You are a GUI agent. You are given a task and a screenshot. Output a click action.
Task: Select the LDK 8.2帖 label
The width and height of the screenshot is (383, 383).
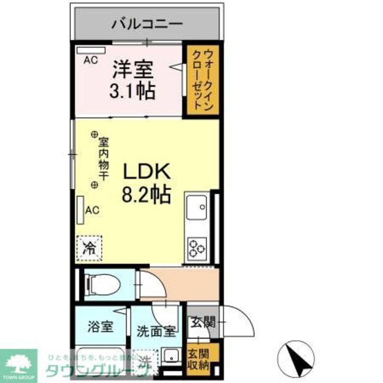(146, 184)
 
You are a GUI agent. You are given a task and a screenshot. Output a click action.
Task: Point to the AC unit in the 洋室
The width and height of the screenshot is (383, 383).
(91, 50)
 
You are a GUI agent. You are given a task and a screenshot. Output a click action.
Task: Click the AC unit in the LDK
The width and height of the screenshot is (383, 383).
(80, 210)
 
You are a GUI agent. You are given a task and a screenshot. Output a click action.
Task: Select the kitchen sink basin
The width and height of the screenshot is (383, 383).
(197, 206)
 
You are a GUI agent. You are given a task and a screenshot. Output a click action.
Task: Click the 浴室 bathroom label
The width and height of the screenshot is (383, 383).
(100, 327)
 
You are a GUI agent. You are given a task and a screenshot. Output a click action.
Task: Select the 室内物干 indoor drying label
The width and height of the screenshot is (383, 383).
(103, 159)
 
